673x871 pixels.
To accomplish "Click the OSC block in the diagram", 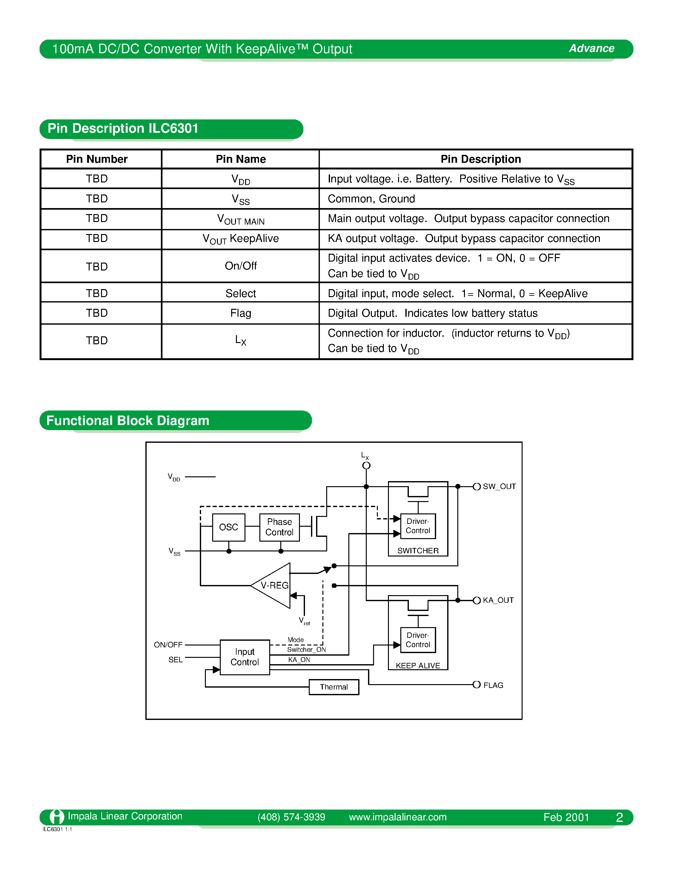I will pyautogui.click(x=228, y=527).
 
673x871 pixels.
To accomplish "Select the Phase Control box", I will pyautogui.click(x=279, y=527).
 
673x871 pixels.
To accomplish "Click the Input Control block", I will pyautogui.click(x=244, y=657).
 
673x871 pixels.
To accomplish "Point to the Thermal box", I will pyautogui.click(x=334, y=687).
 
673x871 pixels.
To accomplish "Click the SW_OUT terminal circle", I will pyautogui.click(x=476, y=486).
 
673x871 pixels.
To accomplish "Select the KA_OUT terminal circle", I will pyautogui.click(x=476, y=600).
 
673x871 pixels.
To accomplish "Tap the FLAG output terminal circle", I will pyautogui.click(x=476, y=685).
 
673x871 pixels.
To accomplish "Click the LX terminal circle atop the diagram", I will pyautogui.click(x=366, y=465).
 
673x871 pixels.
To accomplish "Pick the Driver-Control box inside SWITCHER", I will pyautogui.click(x=418, y=526).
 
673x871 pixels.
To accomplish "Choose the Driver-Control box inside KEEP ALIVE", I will pyautogui.click(x=418, y=640).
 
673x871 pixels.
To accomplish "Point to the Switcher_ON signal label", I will pyautogui.click(x=306, y=650).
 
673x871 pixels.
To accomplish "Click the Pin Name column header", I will pyautogui.click(x=240, y=159).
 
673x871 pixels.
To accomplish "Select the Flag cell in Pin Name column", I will pyautogui.click(x=240, y=313).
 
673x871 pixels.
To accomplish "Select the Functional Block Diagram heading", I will pyautogui.click(x=128, y=421).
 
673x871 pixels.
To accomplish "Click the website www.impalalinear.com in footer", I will pyautogui.click(x=397, y=817).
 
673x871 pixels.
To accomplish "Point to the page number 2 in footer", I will pyautogui.click(x=619, y=817).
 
